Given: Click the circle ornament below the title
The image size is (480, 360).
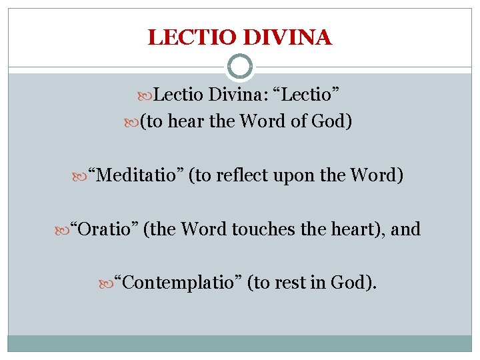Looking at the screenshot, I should tap(240, 67).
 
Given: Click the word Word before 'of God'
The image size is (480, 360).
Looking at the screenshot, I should tap(271, 122).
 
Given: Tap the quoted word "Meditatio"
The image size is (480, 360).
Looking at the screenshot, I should tap(139, 177).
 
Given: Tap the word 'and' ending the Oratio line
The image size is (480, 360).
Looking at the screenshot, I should tap(406, 229).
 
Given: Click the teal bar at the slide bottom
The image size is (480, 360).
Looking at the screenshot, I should tap(240, 343).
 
